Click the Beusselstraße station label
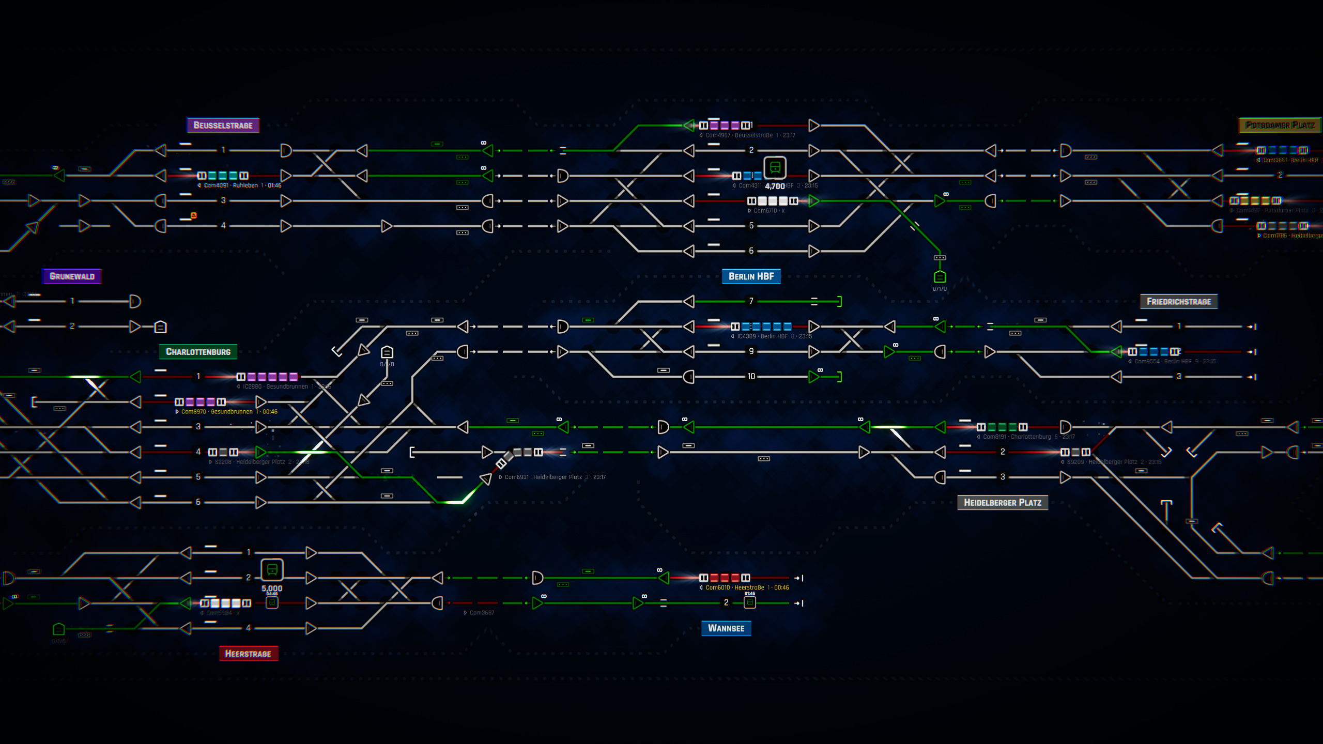coord(223,125)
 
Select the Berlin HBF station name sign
coord(751,276)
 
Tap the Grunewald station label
coord(72,276)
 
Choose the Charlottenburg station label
coord(198,352)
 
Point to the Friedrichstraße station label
coord(1178,302)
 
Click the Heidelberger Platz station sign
coord(1002,503)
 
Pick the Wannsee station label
coord(726,628)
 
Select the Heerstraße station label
coord(248,654)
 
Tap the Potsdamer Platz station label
coord(1280,125)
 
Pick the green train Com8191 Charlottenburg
coord(1002,427)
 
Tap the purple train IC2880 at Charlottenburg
coord(267,377)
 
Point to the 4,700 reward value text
coord(775,186)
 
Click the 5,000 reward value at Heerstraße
coord(272,588)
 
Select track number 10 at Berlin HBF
coord(751,377)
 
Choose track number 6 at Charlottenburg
coord(198,502)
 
